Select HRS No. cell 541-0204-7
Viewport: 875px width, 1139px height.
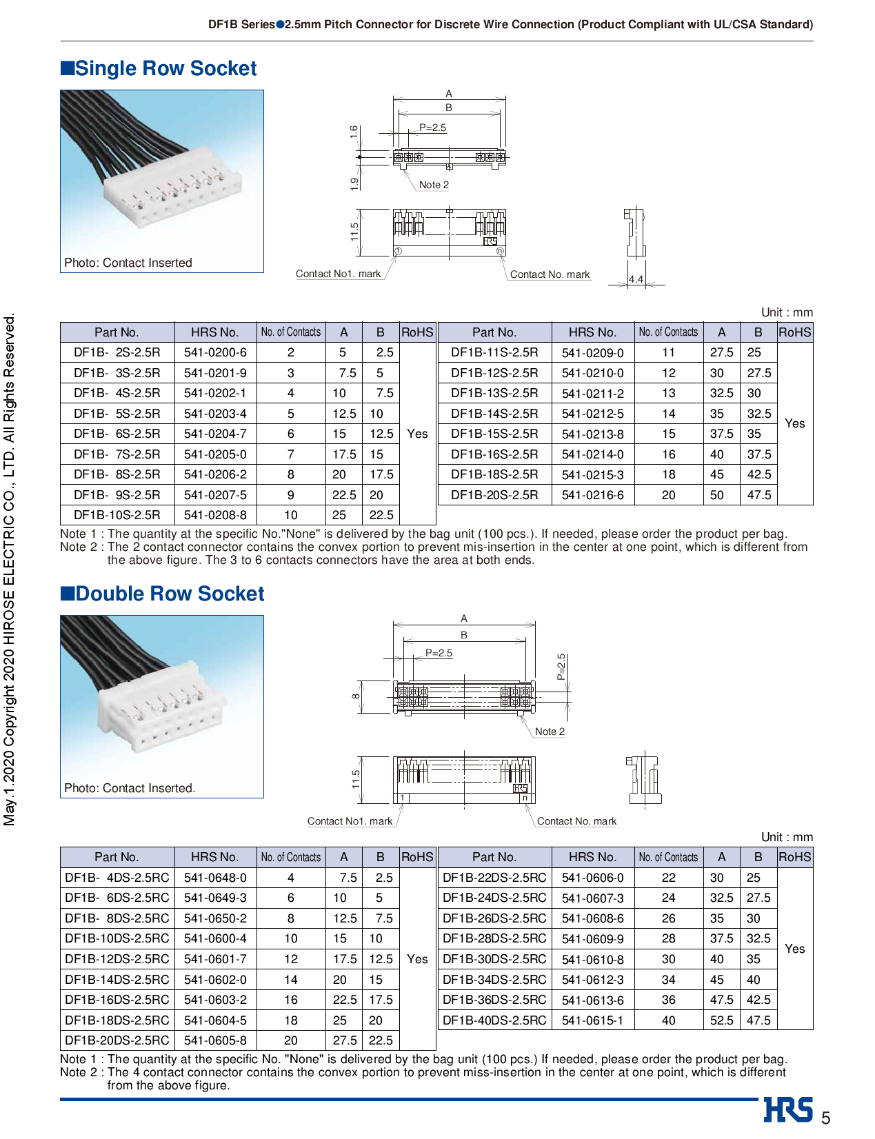(215, 434)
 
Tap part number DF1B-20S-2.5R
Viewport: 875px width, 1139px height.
(494, 495)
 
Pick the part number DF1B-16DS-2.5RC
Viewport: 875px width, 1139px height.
(117, 1000)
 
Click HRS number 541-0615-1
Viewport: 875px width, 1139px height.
(592, 1020)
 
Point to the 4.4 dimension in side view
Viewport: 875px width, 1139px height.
(636, 279)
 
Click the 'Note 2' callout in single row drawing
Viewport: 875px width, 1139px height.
(434, 185)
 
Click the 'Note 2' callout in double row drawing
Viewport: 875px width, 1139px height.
(550, 732)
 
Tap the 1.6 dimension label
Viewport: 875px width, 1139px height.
(354, 132)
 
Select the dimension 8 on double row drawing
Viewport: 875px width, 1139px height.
(356, 696)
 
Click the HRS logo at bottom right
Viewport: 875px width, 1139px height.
(788, 1110)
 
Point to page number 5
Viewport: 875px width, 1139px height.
(825, 1118)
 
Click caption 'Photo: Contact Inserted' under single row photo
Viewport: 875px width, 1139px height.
(128, 263)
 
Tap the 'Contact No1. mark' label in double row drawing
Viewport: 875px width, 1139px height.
(350, 821)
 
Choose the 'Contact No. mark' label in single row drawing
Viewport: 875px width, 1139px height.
(550, 274)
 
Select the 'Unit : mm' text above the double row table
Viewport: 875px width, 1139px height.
(787, 837)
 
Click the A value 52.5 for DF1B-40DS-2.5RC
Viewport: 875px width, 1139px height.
(721, 1020)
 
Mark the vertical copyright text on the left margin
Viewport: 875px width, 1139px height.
(10, 569)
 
